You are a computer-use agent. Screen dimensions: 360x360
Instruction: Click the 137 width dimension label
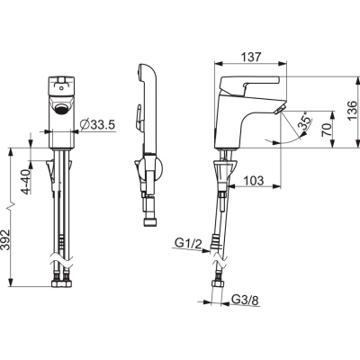[x=251, y=57]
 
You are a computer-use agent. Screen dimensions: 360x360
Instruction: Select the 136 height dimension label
[x=352, y=111]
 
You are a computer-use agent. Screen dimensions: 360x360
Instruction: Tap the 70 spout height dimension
[x=327, y=130]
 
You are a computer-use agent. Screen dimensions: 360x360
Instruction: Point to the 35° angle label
[x=305, y=121]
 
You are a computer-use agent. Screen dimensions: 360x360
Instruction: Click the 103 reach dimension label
[x=253, y=181]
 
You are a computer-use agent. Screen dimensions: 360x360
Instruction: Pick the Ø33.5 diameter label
[x=98, y=124]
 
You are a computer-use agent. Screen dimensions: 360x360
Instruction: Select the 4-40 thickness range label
[x=27, y=182]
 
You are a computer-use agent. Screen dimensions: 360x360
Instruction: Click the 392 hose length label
[x=5, y=239]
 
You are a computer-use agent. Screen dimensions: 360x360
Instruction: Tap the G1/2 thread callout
[x=188, y=243]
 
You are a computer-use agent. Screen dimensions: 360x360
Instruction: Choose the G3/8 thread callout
[x=246, y=300]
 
